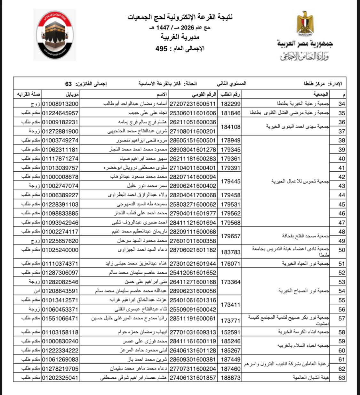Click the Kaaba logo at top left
point(55,35)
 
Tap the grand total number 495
point(161,49)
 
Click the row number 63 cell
point(341,378)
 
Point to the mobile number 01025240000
point(60,250)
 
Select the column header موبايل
point(72,95)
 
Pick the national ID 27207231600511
point(192,104)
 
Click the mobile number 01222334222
point(60,350)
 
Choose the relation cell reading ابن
point(36,291)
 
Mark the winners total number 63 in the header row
point(68,84)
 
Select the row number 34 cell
point(341,104)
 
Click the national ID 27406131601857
point(192,378)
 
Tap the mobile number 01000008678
point(60,177)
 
